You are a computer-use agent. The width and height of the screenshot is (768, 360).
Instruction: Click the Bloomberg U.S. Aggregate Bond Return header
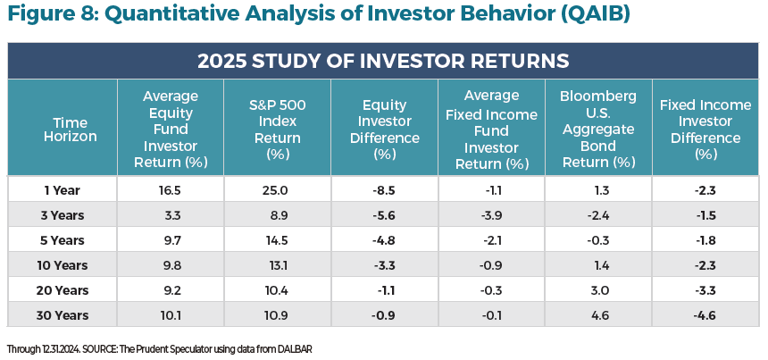(598, 128)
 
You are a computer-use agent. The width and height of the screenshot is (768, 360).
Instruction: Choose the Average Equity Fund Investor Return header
(170, 128)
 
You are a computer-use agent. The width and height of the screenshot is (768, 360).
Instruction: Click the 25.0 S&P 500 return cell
(277, 190)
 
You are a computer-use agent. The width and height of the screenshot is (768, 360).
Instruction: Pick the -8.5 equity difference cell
(384, 190)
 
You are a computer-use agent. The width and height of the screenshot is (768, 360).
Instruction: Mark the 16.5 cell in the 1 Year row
(170, 190)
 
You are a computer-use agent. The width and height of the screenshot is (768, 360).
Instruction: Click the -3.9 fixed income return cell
(491, 215)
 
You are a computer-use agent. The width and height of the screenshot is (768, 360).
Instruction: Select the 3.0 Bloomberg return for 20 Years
(598, 289)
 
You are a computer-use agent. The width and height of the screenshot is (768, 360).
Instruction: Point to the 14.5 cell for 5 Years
(277, 240)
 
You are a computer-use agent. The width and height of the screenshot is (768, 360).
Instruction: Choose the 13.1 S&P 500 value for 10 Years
(277, 264)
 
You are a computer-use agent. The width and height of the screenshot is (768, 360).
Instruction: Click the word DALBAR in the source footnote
(291, 347)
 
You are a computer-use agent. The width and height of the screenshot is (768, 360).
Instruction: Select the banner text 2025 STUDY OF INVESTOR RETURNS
(383, 62)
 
